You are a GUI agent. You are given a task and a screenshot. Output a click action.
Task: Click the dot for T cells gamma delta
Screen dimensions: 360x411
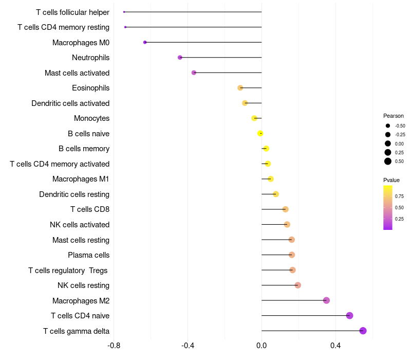coord(363,331)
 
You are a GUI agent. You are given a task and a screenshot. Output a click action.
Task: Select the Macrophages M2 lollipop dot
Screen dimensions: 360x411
coord(326,300)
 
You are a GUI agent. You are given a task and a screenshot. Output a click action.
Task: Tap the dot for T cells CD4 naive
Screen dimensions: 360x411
coord(350,316)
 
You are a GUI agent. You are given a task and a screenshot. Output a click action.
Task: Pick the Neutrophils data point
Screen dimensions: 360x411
coord(180,58)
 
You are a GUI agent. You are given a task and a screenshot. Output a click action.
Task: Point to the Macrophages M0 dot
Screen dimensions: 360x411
coord(145,42)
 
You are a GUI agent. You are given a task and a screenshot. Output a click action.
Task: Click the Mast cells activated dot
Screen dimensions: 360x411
coord(194,73)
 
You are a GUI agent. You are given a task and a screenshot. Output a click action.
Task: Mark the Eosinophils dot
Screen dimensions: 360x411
coord(240,88)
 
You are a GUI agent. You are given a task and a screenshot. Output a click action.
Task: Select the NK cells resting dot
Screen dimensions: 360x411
coord(298,285)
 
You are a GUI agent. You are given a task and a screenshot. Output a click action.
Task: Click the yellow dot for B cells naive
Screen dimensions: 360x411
coord(260,133)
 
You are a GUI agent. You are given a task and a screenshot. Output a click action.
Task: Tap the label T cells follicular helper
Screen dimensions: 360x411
coord(72,12)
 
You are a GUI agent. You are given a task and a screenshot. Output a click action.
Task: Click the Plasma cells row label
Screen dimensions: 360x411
coord(88,255)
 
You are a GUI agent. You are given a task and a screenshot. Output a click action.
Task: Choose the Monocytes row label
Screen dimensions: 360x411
coord(91,118)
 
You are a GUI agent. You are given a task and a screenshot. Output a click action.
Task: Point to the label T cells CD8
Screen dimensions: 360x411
coord(89,209)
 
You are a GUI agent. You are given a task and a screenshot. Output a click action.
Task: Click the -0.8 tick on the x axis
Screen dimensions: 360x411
coord(114,345)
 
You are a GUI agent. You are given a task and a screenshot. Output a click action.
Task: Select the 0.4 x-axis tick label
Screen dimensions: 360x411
coord(335,345)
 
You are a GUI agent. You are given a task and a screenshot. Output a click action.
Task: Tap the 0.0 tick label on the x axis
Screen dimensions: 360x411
coord(261,345)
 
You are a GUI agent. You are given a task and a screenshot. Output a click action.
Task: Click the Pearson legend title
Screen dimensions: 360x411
coord(394,116)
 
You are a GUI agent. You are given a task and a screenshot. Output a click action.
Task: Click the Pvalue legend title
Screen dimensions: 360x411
coord(391,180)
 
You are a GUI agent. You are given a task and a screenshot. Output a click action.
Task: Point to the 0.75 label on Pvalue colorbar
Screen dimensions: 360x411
coord(399,196)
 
